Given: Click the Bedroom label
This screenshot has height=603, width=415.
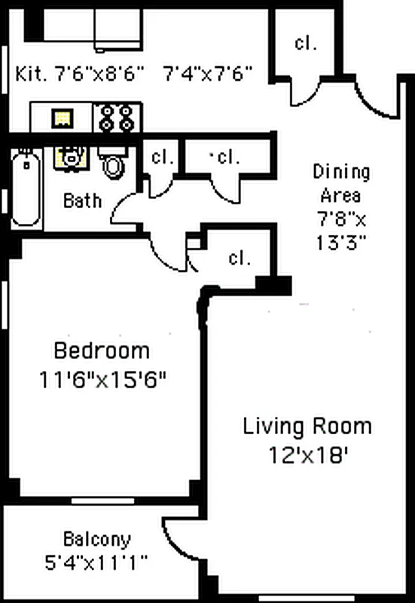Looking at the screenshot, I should click(102, 351).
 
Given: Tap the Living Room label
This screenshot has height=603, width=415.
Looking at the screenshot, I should click(307, 427).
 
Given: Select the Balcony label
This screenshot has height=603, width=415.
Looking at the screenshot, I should click(96, 540).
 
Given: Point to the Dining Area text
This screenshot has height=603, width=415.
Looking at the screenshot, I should click(341, 183).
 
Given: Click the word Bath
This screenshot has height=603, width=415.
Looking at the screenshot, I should click(82, 200).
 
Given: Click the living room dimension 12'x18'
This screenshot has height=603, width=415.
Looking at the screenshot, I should click(307, 455).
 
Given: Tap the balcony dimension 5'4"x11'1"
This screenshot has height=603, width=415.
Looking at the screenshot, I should click(96, 562).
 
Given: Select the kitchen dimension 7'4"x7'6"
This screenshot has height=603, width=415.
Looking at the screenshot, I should click(207, 74).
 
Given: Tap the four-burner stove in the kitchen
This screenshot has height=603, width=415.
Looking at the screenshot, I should click(117, 118).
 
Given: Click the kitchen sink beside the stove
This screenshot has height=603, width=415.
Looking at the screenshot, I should click(63, 118).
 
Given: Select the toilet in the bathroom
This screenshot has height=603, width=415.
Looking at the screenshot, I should click(113, 163).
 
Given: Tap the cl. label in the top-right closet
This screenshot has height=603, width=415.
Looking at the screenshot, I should click(305, 42).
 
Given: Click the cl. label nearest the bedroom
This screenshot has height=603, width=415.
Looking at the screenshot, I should click(239, 259).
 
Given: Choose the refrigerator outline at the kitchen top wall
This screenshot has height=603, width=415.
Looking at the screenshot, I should click(117, 30).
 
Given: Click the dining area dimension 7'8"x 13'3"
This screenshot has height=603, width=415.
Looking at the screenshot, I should click(341, 233).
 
